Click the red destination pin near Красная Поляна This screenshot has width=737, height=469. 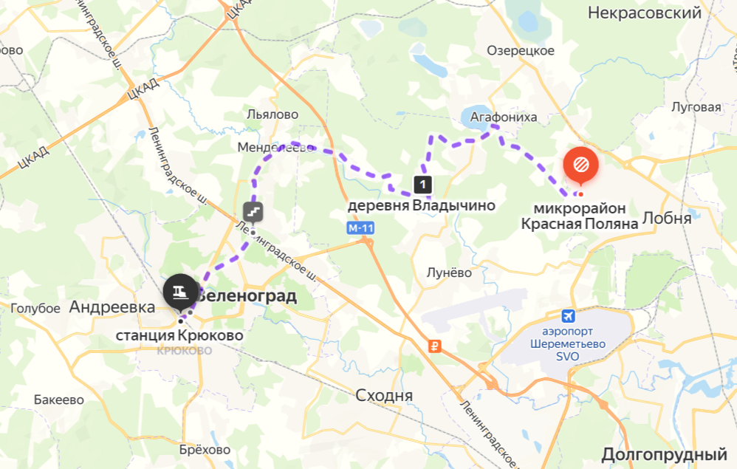581,163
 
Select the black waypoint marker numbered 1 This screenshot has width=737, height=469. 422,184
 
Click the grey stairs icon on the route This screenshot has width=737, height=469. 253,213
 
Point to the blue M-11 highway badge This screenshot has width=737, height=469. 360,228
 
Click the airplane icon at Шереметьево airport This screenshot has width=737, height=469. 568,316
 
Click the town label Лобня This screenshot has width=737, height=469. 667,218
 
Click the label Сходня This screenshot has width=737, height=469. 384,395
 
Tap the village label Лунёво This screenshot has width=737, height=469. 449,273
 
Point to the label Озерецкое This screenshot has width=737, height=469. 521,50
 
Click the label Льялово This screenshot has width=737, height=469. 272,114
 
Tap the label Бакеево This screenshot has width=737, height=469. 59,400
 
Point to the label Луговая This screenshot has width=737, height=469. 696,107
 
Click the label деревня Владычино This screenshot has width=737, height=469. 421,205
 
